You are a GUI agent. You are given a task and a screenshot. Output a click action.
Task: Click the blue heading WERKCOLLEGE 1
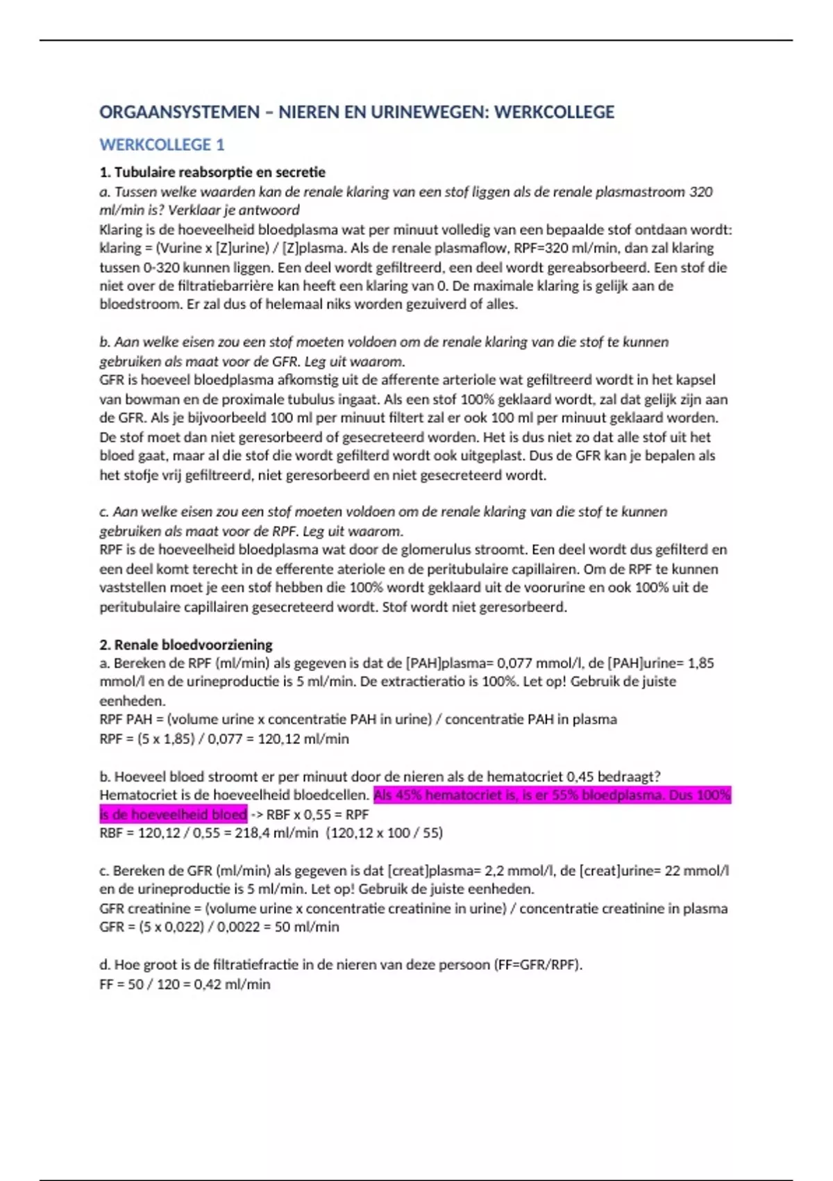click(162, 144)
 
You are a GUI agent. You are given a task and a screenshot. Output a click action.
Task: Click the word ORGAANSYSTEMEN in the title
click(179, 112)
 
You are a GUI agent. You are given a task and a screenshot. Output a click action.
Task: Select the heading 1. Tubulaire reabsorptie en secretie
click(212, 172)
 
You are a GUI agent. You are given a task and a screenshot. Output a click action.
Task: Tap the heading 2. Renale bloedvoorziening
click(186, 645)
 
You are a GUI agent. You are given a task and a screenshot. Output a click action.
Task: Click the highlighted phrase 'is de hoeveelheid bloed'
click(174, 814)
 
